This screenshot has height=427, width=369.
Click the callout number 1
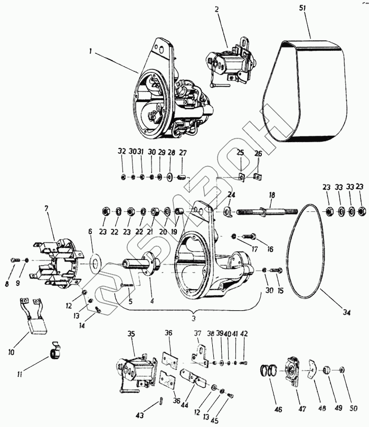(x=91, y=52)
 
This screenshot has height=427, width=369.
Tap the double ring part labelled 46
(x=270, y=371)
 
